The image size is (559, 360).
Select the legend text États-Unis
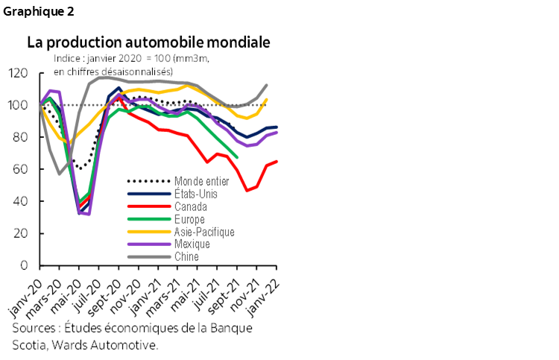(x=195, y=194)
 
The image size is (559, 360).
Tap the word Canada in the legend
(x=190, y=206)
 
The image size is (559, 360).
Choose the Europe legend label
(x=189, y=219)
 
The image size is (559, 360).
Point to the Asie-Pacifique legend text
(x=203, y=232)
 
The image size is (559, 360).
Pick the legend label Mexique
(x=192, y=244)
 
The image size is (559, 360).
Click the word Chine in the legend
(x=186, y=256)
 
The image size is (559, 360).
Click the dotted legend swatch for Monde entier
(x=148, y=180)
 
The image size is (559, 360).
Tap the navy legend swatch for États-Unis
(x=148, y=194)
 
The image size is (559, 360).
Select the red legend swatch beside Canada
(x=148, y=206)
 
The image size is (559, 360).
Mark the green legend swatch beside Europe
(x=148, y=219)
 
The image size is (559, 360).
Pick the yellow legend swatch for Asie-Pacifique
(x=148, y=232)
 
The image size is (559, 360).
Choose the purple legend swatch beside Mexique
(x=148, y=244)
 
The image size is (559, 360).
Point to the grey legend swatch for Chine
(x=148, y=256)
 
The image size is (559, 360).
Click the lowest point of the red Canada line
(x=247, y=190)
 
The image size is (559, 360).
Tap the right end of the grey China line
(x=267, y=84)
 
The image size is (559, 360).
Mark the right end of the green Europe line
(x=238, y=157)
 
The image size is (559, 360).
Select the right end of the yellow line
(x=267, y=98)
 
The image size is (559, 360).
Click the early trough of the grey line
(x=60, y=174)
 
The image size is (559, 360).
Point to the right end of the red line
(x=277, y=161)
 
